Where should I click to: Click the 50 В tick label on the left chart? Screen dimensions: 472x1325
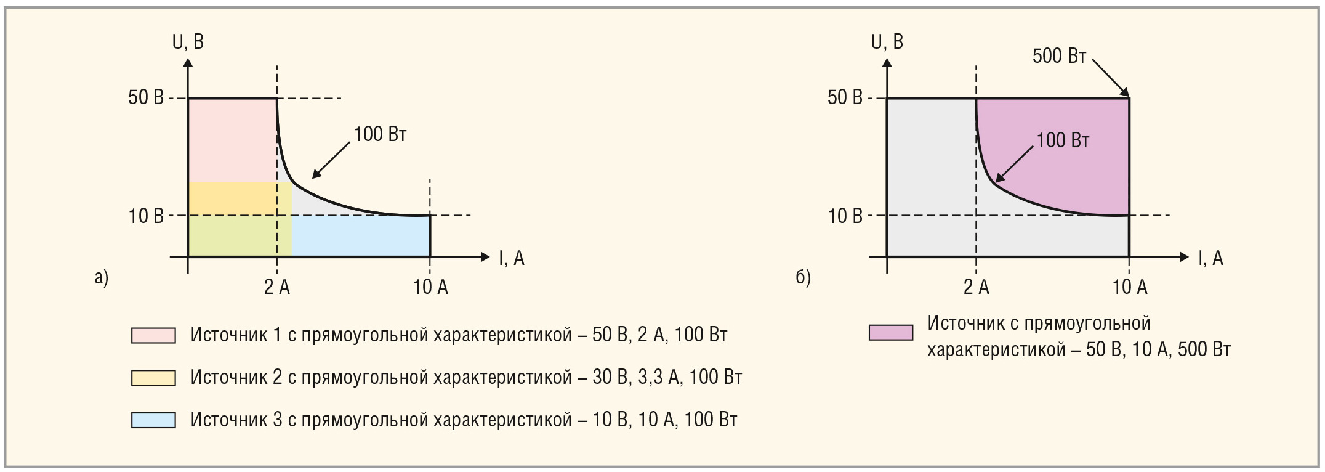pos(146,97)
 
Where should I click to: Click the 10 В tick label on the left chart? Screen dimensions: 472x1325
pos(146,216)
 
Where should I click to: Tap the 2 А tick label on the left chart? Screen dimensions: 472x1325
pos(277,287)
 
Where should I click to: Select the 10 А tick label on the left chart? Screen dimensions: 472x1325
pos(430,287)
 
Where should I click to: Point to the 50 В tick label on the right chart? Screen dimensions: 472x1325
pos(845,97)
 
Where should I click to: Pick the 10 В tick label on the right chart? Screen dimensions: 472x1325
pos(845,216)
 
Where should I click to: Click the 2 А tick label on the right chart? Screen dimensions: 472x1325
pos(976,287)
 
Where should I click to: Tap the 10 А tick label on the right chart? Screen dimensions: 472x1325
pos(1130,287)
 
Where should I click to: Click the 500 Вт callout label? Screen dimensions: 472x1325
pos(1059,56)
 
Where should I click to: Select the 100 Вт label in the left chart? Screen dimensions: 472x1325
pos(380,134)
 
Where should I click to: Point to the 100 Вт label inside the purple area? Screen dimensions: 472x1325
pos(1063,140)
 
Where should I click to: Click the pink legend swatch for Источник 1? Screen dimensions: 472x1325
pos(153,335)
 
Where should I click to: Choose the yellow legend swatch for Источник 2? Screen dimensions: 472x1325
pos(153,377)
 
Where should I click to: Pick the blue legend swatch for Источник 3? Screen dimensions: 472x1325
pos(153,420)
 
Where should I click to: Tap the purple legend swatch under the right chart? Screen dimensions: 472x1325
pos(890,333)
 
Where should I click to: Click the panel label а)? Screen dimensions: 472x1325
pos(102,277)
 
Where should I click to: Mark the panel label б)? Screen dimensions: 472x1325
pos(803,277)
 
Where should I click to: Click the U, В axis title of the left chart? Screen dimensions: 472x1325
pos(188,42)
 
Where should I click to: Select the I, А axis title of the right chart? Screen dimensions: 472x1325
pos(1210,258)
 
